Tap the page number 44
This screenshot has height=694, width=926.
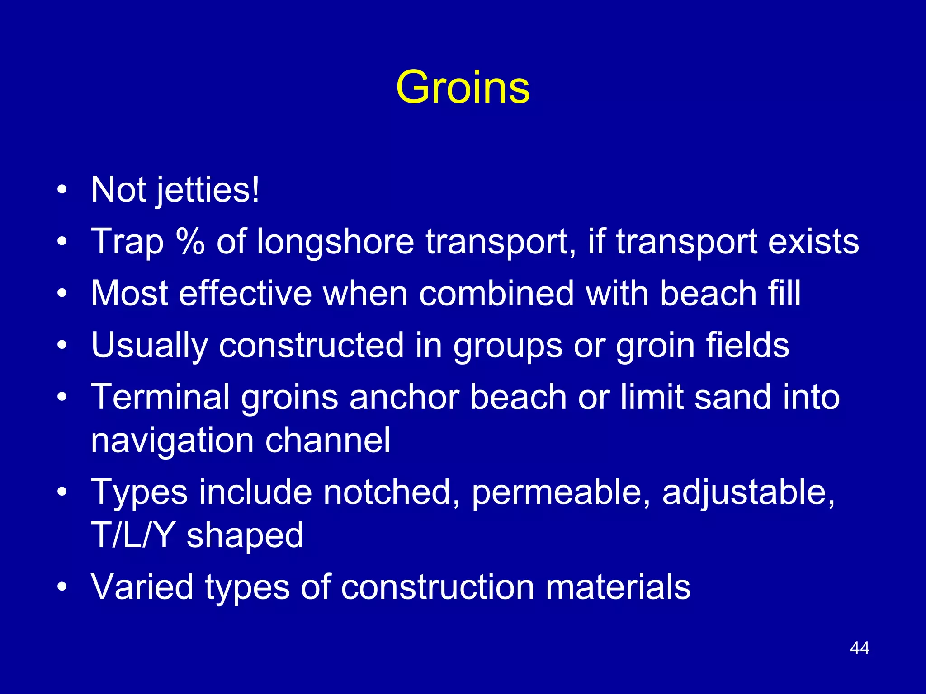pos(860,648)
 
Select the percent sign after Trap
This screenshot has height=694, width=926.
pos(190,242)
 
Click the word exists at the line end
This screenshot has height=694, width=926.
pos(813,242)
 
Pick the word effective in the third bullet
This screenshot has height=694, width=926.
pos(245,294)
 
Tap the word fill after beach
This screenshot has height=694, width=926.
pos(784,294)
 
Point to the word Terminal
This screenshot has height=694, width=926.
pos(161,397)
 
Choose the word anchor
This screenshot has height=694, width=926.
pos(404,397)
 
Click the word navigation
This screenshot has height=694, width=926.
pos(172,441)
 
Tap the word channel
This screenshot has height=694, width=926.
pos(328,440)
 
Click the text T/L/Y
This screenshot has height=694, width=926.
pos(133,535)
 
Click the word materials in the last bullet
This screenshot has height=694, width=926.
pos(618,587)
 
